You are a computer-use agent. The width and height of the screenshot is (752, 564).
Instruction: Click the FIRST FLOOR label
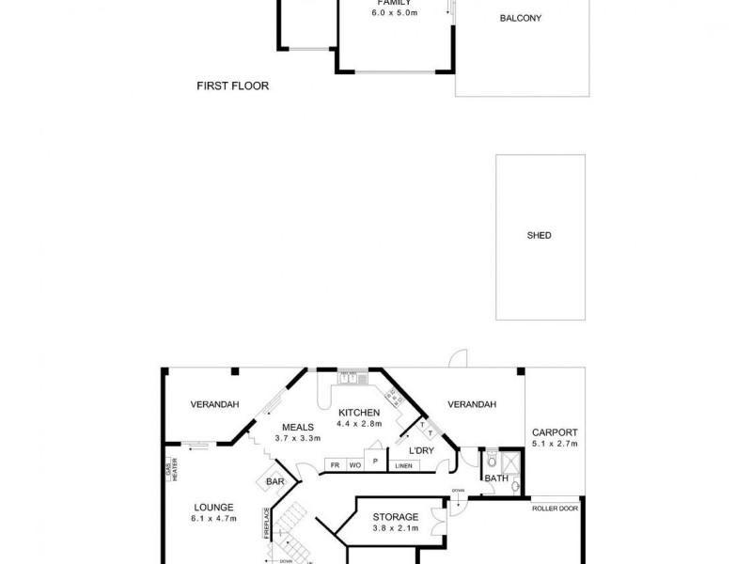pyautogui.click(x=232, y=86)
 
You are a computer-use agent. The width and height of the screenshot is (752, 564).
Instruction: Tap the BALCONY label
pyautogui.click(x=522, y=18)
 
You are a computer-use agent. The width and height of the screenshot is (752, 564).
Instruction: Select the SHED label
pyautogui.click(x=540, y=235)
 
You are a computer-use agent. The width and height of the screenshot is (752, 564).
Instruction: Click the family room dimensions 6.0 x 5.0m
pyautogui.click(x=394, y=14)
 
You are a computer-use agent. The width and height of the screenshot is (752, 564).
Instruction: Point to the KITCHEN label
pyautogui.click(x=359, y=413)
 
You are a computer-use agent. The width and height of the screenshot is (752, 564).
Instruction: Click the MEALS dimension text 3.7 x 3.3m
pyautogui.click(x=298, y=438)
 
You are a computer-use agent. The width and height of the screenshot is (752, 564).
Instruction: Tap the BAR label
pyautogui.click(x=274, y=481)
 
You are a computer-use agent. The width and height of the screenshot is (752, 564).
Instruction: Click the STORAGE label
pyautogui.click(x=395, y=516)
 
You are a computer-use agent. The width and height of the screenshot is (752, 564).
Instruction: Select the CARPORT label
pyautogui.click(x=554, y=433)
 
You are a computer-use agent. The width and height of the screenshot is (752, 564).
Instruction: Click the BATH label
pyautogui.click(x=496, y=478)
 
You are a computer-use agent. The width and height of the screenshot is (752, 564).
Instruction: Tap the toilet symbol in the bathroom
pyautogui.click(x=491, y=462)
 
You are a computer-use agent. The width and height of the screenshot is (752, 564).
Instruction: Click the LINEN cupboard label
pyautogui.click(x=404, y=465)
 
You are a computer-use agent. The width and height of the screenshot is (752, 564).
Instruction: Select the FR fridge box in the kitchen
pyautogui.click(x=334, y=464)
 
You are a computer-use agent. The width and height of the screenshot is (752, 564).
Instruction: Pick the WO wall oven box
pyautogui.click(x=354, y=464)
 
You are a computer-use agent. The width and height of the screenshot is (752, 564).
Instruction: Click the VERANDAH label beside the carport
pyautogui.click(x=471, y=404)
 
